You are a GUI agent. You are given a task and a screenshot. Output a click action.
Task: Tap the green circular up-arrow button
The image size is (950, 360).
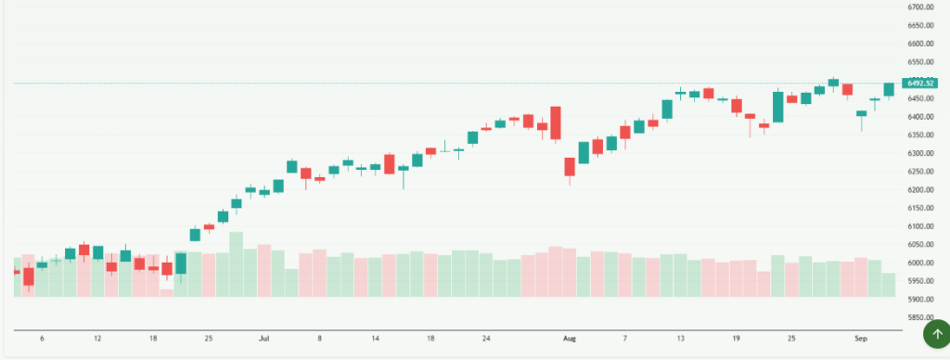pos(936,333)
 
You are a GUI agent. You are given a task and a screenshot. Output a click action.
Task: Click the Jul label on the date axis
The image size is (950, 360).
pos(264,340)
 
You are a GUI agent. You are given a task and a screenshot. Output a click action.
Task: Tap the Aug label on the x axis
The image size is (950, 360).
pos(569,340)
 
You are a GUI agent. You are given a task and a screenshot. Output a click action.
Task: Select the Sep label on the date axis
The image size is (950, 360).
pos(861,340)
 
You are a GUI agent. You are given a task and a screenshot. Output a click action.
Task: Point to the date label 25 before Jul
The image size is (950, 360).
pos(209,340)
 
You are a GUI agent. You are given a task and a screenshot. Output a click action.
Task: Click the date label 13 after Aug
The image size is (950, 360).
pos(680,340)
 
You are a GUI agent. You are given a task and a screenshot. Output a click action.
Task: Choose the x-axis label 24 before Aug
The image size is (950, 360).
pos(486,340)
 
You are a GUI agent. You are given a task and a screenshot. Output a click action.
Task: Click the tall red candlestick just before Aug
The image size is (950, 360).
pos(556,123)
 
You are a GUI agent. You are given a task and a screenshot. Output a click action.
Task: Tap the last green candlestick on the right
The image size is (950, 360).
pos(889,89)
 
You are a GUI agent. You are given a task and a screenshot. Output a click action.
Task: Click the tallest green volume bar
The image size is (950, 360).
pos(236,264)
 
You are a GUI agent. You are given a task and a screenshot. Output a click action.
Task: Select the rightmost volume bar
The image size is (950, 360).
pos(889,285)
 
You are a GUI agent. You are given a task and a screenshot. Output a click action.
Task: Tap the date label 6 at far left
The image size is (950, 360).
pos(42,340)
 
